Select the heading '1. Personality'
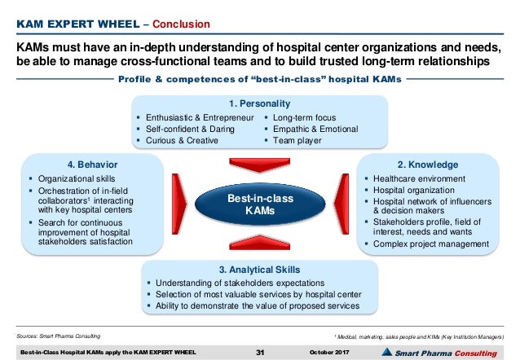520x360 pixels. click(259, 103)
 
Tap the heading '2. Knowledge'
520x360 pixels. click(434, 164)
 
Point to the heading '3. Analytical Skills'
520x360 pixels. click(259, 269)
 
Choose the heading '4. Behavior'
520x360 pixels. click(85, 164)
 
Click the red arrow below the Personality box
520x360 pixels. click(259, 160)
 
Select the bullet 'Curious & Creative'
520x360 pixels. click(181, 140)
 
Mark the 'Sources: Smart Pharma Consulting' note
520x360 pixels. click(57, 336)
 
